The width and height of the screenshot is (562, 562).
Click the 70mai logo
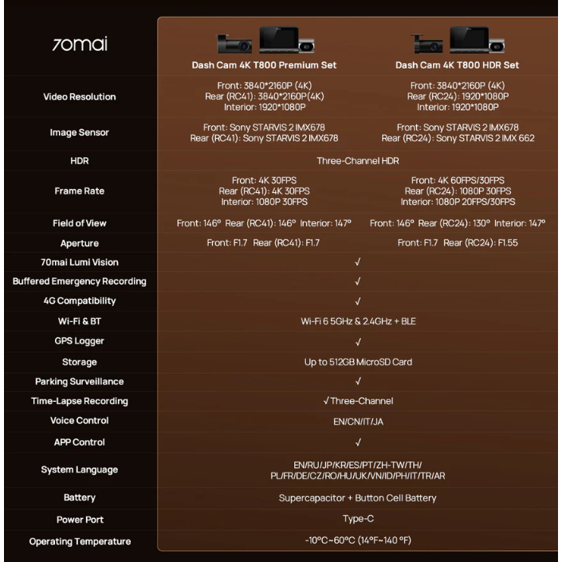click(80, 44)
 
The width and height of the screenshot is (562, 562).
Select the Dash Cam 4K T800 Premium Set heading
click(264, 65)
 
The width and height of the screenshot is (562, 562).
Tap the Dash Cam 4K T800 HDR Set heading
click(457, 65)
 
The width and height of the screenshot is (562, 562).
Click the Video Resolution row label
click(80, 96)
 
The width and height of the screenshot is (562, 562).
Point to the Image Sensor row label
click(79, 132)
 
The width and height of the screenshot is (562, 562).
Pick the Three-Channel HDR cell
click(358, 160)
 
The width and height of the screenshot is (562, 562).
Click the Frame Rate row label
click(80, 191)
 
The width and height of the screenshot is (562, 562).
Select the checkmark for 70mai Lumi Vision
click(358, 262)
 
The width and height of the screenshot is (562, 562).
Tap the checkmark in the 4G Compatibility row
click(358, 301)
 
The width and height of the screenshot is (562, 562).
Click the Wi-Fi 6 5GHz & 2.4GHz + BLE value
click(358, 321)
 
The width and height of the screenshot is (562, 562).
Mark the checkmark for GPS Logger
click(358, 342)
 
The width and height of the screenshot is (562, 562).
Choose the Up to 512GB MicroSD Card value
click(358, 362)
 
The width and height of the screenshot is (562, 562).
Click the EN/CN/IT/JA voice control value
click(358, 422)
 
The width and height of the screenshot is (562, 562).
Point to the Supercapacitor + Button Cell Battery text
click(358, 498)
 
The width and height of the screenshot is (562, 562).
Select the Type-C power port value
click(358, 519)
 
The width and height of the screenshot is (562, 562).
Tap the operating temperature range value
click(358, 540)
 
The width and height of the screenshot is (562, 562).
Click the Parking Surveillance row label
click(80, 381)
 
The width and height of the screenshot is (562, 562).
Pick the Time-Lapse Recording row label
click(80, 401)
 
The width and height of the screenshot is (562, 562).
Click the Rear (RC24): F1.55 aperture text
click(481, 242)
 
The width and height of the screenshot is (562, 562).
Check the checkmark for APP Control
click(358, 442)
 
